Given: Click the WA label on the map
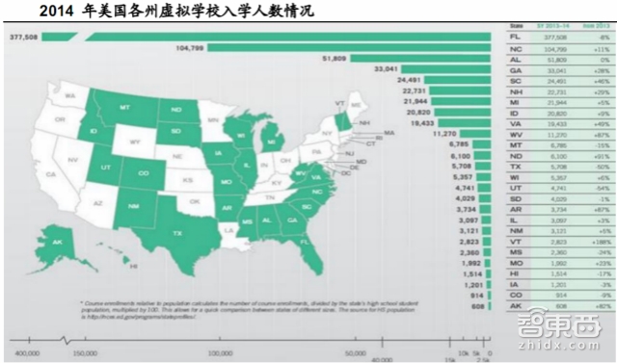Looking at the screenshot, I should pyautogui.click(x=69, y=96).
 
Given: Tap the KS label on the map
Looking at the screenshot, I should pyautogui.click(x=189, y=180).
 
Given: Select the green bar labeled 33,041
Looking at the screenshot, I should pyautogui.click(x=443, y=68).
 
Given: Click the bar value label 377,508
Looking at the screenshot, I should pyautogui.click(x=23, y=36).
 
